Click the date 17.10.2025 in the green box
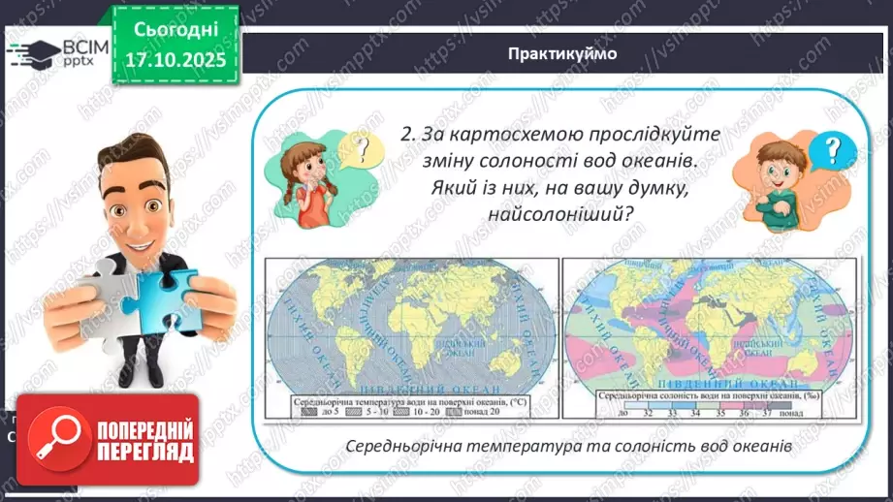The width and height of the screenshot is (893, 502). tap(175, 58)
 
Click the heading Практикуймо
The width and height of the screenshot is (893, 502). tap(561, 54)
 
